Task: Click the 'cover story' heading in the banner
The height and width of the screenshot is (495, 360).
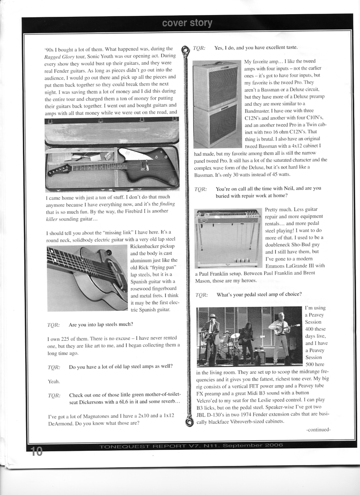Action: click(187, 23)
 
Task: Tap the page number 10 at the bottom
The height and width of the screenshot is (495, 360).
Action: click(37, 451)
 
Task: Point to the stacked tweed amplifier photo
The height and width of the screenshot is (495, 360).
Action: click(217, 104)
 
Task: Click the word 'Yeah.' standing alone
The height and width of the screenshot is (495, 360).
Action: click(53, 381)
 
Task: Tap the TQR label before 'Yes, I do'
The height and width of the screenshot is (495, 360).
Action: click(199, 48)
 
